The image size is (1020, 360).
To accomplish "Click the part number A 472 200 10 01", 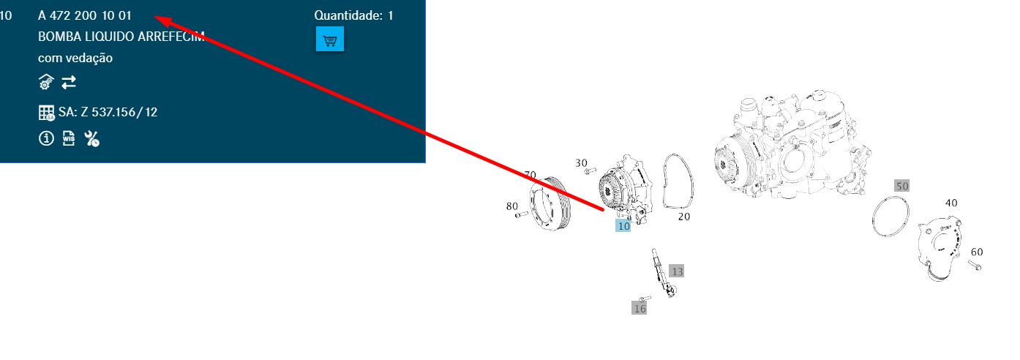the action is pos(85,15).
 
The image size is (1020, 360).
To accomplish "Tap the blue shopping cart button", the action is pos(330,39).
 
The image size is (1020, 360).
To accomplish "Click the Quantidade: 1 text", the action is pos(353,15).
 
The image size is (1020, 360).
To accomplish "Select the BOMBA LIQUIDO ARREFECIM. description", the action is pos(121,37).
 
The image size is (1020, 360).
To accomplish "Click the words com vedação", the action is pos(75,58).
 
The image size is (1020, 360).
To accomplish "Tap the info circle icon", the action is pos(46,138).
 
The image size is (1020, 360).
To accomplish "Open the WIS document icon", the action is pos(69,138).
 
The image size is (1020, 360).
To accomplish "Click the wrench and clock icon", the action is pos(91,139).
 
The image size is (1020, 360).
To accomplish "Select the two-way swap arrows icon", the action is pos(69,83).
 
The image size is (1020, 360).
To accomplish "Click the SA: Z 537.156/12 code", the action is pos(108,112).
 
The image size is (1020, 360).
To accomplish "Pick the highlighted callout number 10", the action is pos(623,226).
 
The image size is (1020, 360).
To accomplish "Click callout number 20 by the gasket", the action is pos(684,217).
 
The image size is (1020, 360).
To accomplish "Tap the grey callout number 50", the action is pos(901,186).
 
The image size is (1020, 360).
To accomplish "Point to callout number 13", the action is pos(677,271).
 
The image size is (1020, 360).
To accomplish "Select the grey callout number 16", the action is pos(640,308).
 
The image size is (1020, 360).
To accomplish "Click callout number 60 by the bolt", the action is pos(977,252).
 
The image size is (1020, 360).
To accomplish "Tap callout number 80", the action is pos(512,206).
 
